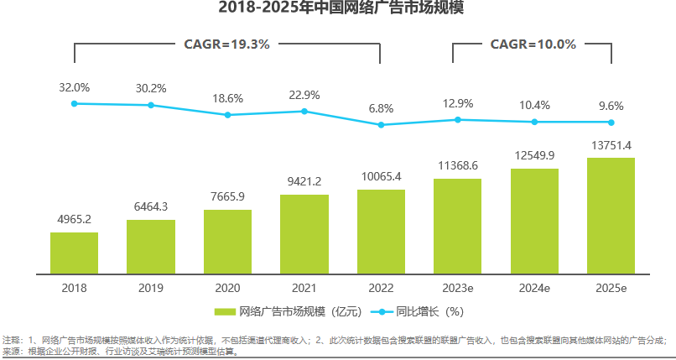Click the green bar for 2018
click(74, 253)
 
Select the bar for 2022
click(381, 231)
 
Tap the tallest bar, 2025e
click(611, 215)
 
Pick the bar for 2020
click(227, 241)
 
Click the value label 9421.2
click(304, 180)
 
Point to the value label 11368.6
click(458, 164)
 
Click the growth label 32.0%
click(74, 87)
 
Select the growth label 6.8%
click(381, 109)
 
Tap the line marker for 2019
click(151, 105)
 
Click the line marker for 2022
click(381, 125)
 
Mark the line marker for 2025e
click(611, 122)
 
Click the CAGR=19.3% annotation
click(226, 44)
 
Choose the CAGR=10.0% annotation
click(533, 44)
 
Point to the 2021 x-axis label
click(304, 288)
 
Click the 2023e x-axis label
click(458, 288)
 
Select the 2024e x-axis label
click(534, 288)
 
